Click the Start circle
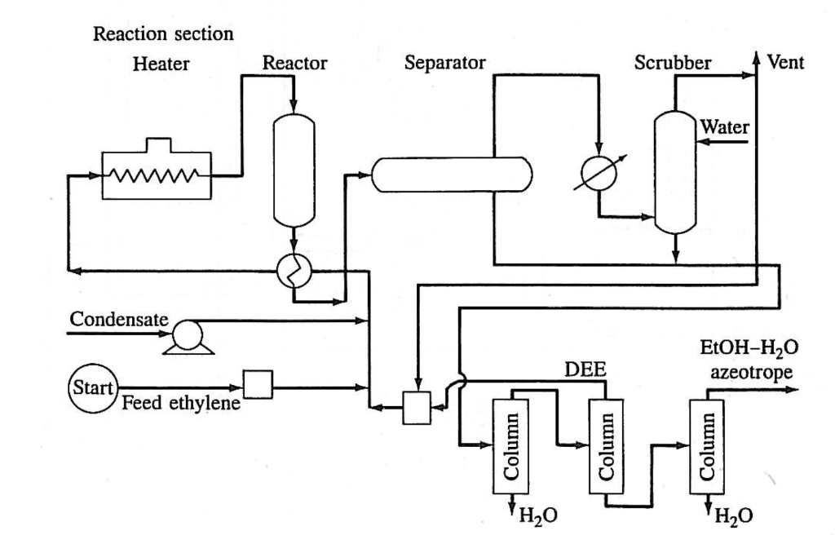pos(90,385)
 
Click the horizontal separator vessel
pos(451,173)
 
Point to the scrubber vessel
pos(676,170)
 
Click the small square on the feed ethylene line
pos(258,384)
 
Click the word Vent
pos(786,62)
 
